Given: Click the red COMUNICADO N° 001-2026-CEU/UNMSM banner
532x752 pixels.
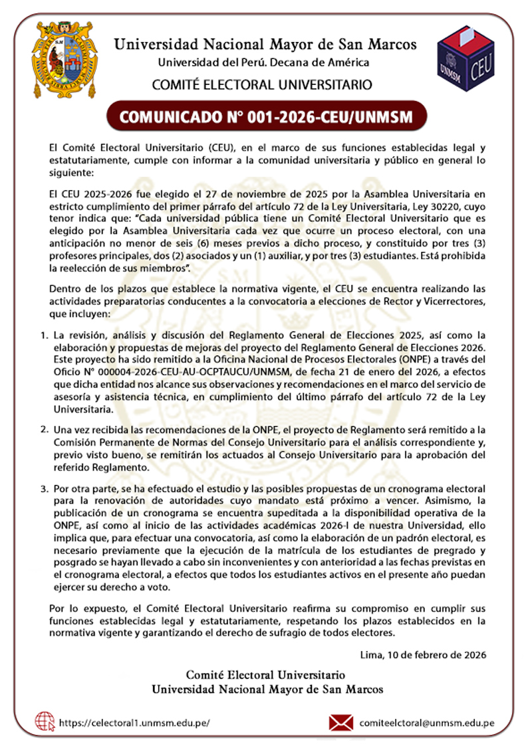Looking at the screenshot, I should [x=266, y=117].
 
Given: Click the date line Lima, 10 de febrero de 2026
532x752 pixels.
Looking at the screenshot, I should [x=422, y=654].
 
